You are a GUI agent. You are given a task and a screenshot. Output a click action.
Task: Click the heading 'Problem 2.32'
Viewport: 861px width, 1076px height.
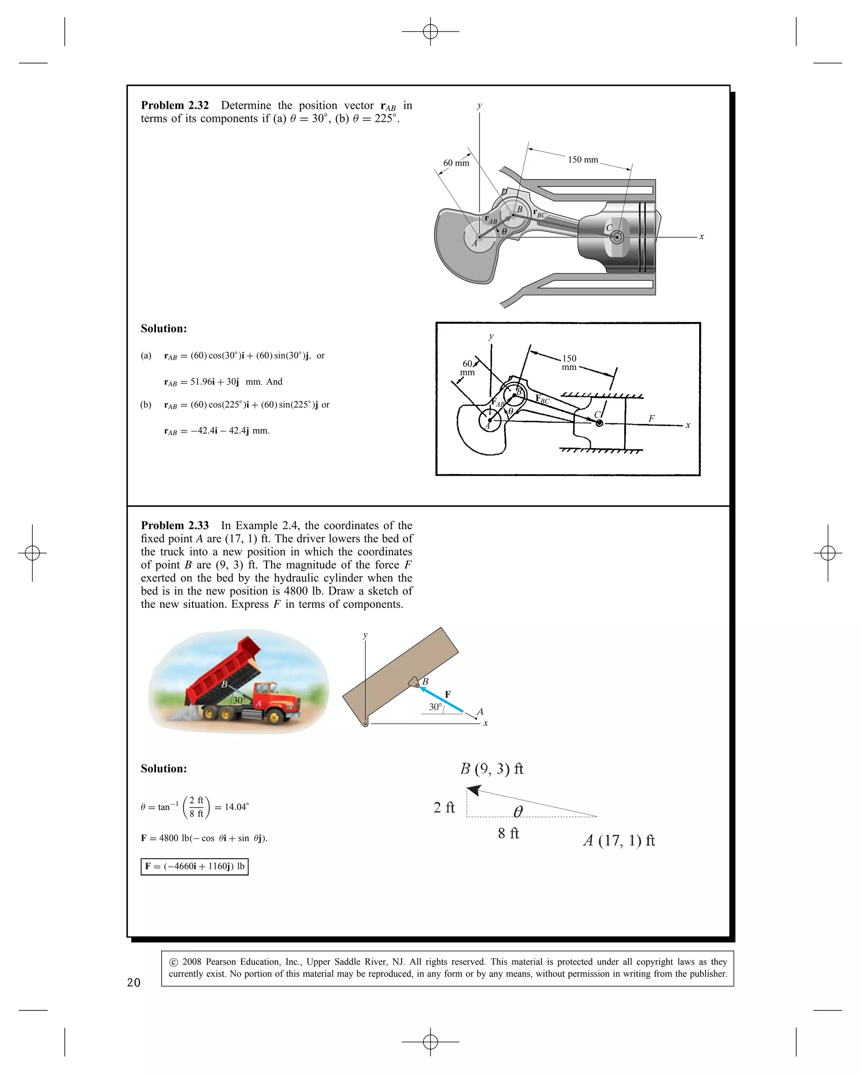click(175, 105)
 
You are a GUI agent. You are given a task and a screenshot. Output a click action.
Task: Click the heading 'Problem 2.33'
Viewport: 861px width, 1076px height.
click(175, 525)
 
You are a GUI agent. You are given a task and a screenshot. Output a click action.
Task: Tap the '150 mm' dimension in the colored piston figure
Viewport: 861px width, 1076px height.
click(583, 160)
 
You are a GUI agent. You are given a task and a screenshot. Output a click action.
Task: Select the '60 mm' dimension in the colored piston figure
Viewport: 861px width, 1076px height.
click(456, 163)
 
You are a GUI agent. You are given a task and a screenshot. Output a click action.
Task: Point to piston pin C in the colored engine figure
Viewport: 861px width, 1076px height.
click(617, 237)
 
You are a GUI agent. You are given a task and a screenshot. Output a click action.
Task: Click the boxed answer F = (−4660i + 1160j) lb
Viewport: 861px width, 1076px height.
click(195, 866)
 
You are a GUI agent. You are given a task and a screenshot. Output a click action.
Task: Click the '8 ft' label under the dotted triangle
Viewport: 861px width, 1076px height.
click(508, 833)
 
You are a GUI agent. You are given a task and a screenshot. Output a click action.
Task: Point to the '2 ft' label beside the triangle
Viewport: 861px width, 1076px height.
click(444, 807)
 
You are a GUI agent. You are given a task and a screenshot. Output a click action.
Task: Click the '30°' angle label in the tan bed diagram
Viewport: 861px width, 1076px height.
click(435, 707)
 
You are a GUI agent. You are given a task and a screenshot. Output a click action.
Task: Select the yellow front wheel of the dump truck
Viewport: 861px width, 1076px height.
click(274, 717)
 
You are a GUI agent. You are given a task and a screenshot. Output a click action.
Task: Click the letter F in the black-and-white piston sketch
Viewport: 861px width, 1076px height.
click(651, 419)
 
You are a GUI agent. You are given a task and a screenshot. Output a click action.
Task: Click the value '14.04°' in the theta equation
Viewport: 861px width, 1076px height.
click(236, 807)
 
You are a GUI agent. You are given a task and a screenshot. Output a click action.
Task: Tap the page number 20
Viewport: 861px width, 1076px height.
click(134, 983)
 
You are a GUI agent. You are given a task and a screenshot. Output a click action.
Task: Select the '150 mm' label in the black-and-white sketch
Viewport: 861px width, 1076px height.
click(569, 362)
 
